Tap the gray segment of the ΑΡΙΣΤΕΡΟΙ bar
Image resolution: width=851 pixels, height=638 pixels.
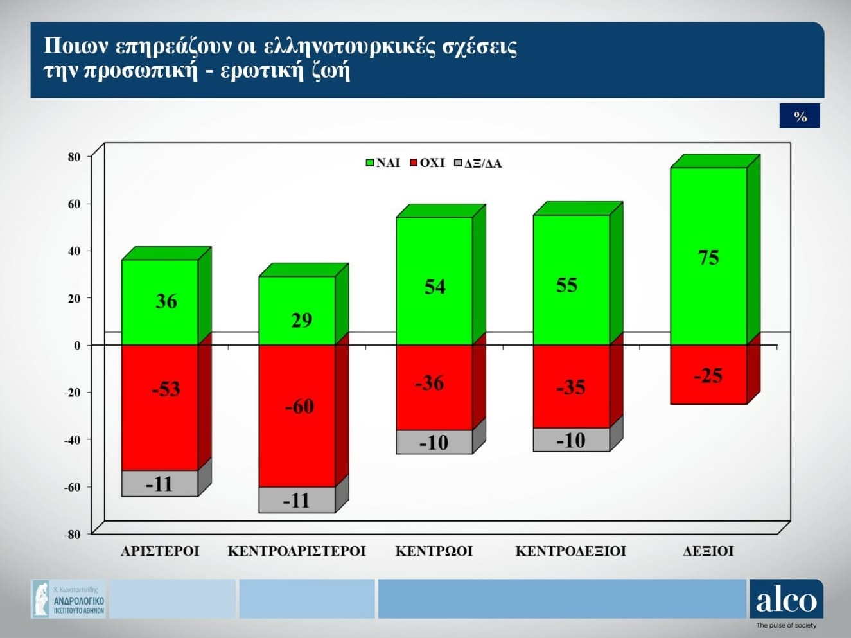pos(160,483)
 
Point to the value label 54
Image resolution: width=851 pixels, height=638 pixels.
pos(435,287)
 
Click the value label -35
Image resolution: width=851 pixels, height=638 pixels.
pos(571,387)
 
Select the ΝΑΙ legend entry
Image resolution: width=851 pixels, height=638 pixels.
pos(383,163)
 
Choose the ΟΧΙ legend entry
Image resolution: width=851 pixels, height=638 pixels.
pos(427,163)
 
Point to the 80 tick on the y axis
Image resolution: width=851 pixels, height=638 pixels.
pos(75,157)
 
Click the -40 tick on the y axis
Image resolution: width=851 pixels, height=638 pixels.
pos(73,440)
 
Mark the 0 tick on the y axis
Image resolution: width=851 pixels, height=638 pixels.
pos(77,346)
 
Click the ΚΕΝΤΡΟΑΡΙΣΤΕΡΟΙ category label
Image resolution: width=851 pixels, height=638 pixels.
pos(297,551)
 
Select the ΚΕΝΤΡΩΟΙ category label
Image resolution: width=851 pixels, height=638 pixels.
pos(434,551)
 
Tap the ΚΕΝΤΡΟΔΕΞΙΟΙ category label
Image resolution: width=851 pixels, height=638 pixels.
pos(571,551)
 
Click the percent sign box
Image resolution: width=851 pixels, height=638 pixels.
pos(800,116)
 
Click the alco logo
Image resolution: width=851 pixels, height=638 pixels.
pos(786,600)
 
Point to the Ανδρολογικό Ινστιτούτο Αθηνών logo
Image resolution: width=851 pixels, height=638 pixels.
pos(69,599)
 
